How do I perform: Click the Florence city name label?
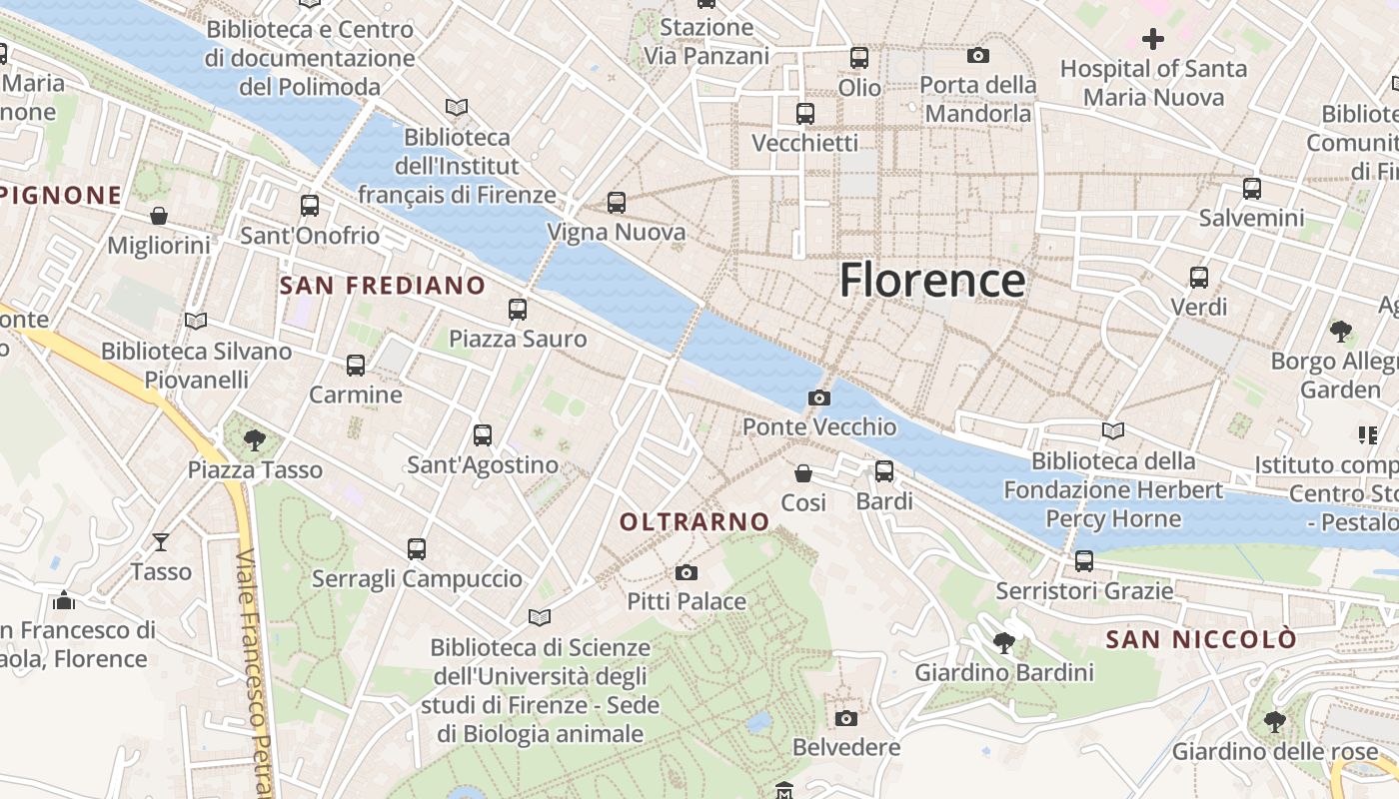point(931,281)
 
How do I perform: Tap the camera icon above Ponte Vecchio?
point(818,399)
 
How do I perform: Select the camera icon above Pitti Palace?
point(686,572)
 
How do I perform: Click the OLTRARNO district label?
point(695,521)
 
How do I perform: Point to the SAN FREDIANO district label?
point(382,286)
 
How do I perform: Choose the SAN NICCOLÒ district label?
point(1201,639)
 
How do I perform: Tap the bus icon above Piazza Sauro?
point(517,310)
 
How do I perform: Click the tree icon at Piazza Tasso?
point(255,439)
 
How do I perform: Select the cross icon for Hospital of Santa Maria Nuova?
point(1153,39)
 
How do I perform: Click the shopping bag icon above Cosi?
point(803,472)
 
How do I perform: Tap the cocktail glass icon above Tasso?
point(160,541)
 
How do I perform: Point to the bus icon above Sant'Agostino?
point(483,435)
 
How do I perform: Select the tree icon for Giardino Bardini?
point(1003,643)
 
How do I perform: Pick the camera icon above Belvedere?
point(845,718)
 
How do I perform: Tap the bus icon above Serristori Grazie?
point(1084,561)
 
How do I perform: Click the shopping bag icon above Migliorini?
point(159,216)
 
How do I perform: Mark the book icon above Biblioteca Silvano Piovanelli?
point(196,322)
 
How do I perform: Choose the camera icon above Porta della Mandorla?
point(978,55)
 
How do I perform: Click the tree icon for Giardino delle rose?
point(1274,721)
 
